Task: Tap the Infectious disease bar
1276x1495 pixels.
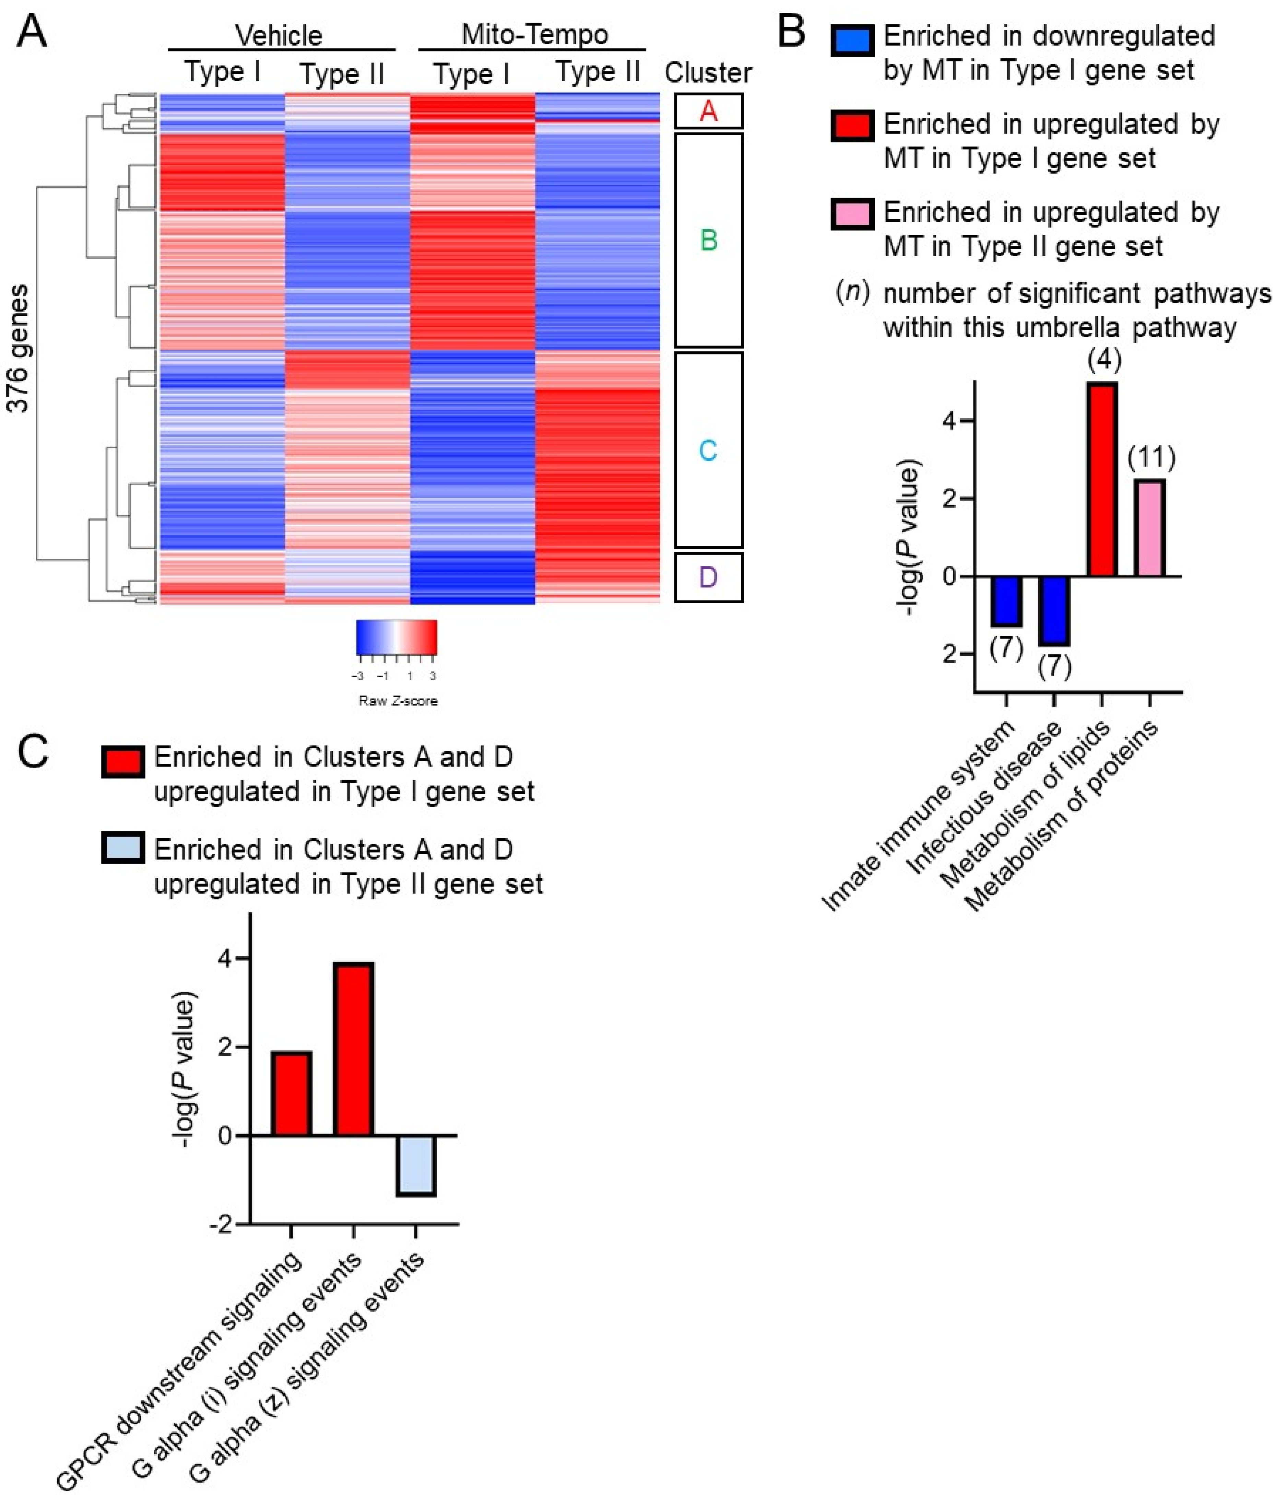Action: (x=1054, y=610)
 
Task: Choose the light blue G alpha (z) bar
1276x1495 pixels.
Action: (x=415, y=1165)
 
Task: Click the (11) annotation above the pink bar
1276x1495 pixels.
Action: (x=1151, y=457)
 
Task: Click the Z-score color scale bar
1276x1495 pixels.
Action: (x=396, y=637)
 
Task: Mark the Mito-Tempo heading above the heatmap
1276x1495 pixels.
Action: (x=534, y=34)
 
